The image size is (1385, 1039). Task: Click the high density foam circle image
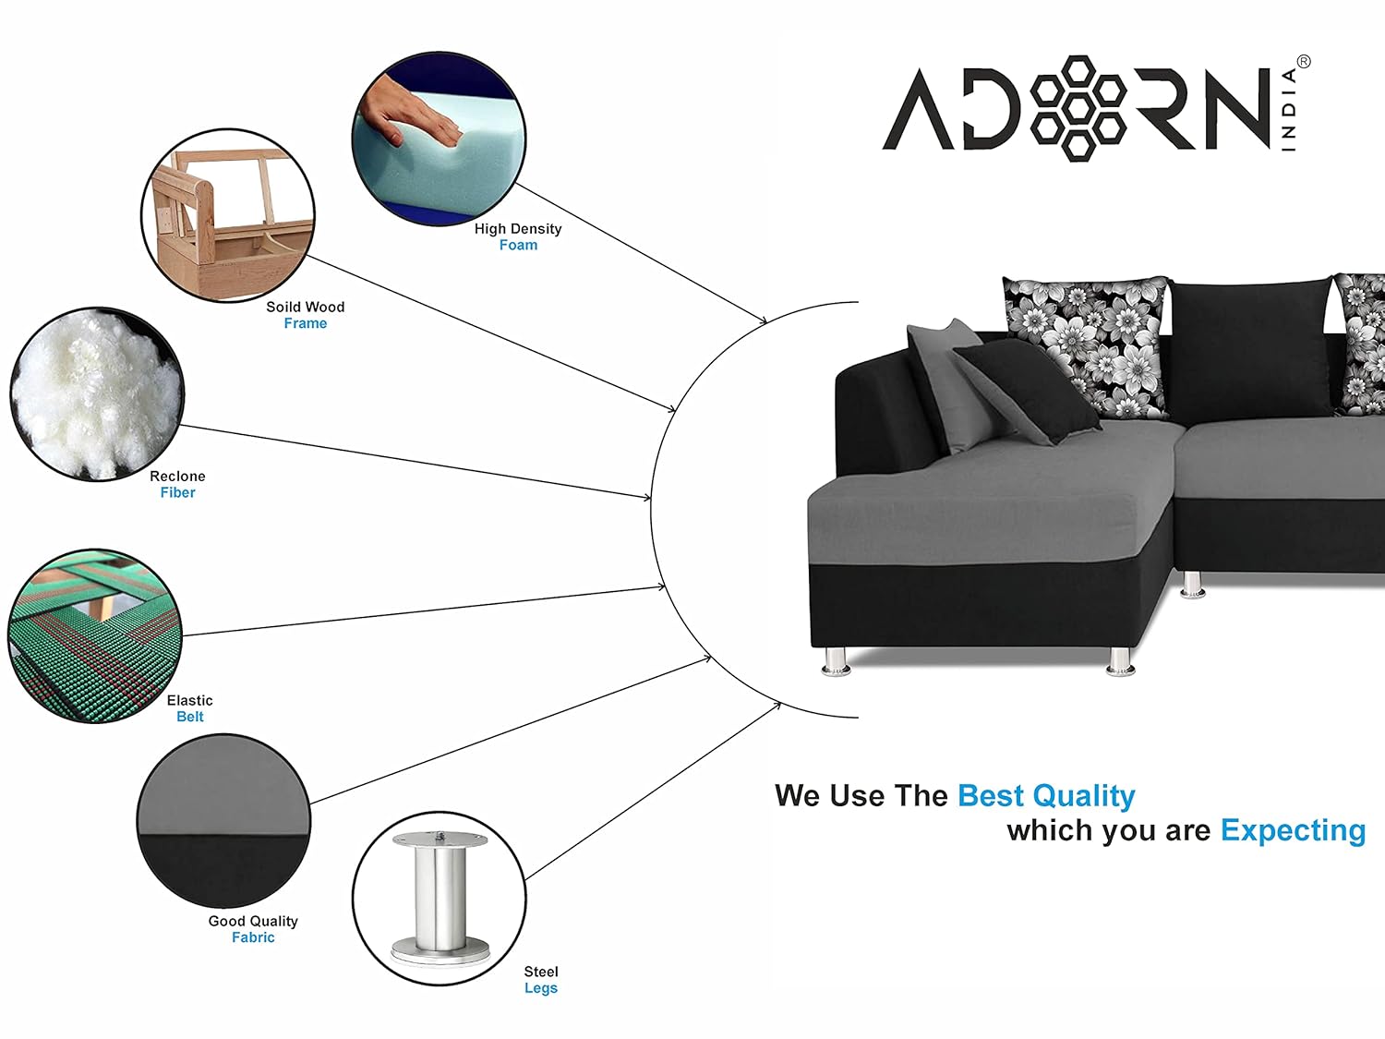pyautogui.click(x=439, y=139)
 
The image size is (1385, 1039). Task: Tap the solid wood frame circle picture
pyautogui.click(x=228, y=215)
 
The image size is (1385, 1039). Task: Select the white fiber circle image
pyautogui.click(x=97, y=394)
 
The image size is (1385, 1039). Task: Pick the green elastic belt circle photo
pyautogui.click(x=95, y=636)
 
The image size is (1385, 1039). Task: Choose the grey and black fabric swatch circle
pyautogui.click(x=224, y=820)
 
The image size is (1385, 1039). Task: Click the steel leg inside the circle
pyautogui.click(x=440, y=897)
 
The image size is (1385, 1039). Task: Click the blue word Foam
pyautogui.click(x=519, y=245)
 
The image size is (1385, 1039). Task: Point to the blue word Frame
pyautogui.click(x=306, y=323)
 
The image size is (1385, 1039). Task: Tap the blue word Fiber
pyautogui.click(x=178, y=492)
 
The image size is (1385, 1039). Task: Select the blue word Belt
pyautogui.click(x=190, y=717)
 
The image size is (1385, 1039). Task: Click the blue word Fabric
pyautogui.click(x=253, y=937)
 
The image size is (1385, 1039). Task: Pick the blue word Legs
pyautogui.click(x=541, y=988)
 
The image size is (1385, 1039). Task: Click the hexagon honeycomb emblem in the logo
pyautogui.click(x=1078, y=108)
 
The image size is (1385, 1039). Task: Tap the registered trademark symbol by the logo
pyautogui.click(x=1304, y=62)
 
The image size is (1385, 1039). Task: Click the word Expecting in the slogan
pyautogui.click(x=1294, y=830)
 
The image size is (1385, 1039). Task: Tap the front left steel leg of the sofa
pyautogui.click(x=836, y=662)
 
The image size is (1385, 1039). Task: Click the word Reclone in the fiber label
pyautogui.click(x=178, y=477)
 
